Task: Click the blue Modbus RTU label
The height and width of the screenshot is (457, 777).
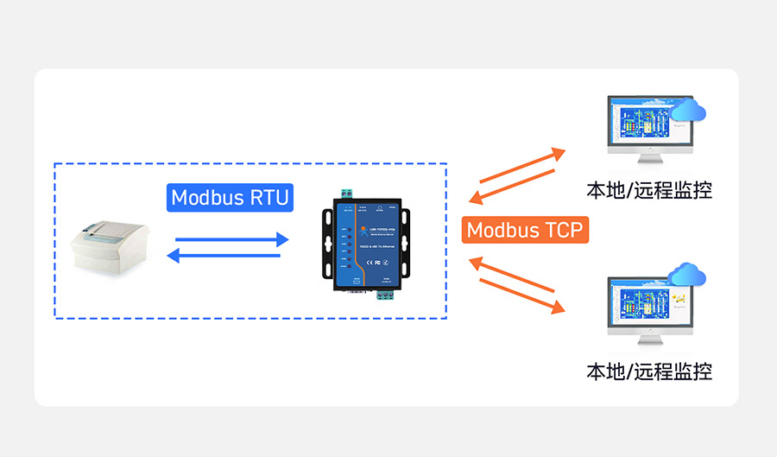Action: click(230, 197)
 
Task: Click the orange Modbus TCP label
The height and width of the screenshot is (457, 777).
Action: click(524, 230)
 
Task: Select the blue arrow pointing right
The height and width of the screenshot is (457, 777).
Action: click(231, 239)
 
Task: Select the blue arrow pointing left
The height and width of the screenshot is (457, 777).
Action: click(227, 255)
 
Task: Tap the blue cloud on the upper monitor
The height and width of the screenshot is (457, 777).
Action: click(688, 111)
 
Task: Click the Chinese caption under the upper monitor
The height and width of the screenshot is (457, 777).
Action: click(649, 190)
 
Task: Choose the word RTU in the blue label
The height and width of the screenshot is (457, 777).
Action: click(268, 197)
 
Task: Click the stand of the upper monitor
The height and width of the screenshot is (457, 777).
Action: click(646, 159)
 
